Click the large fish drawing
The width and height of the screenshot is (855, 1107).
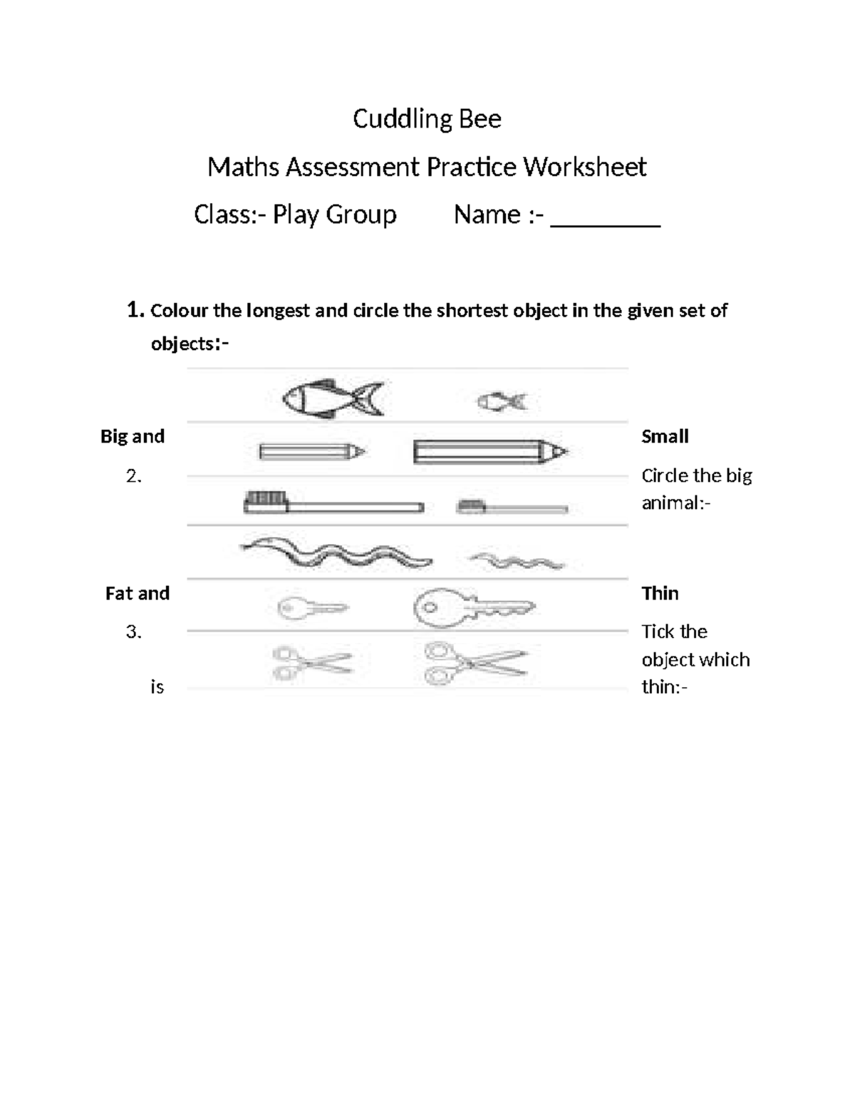click(x=332, y=398)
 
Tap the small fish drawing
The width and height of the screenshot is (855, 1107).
click(x=502, y=402)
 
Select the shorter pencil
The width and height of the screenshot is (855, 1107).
click(x=311, y=452)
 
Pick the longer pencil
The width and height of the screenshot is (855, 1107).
click(x=489, y=452)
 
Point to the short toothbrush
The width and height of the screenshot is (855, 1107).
click(x=512, y=507)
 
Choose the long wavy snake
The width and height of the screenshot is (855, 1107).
click(x=336, y=553)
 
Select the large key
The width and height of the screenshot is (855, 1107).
click(x=472, y=608)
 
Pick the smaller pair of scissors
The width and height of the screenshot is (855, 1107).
click(x=311, y=663)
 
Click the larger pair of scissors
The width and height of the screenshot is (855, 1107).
click(x=475, y=663)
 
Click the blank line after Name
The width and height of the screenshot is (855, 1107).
click(x=606, y=217)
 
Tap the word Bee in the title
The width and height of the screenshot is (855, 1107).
click(x=480, y=119)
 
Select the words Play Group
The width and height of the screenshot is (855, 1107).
click(x=334, y=215)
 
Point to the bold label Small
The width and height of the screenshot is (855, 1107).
click(x=664, y=436)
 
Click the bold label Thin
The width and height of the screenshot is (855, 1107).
click(x=660, y=593)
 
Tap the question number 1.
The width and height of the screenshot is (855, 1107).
click(x=135, y=310)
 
